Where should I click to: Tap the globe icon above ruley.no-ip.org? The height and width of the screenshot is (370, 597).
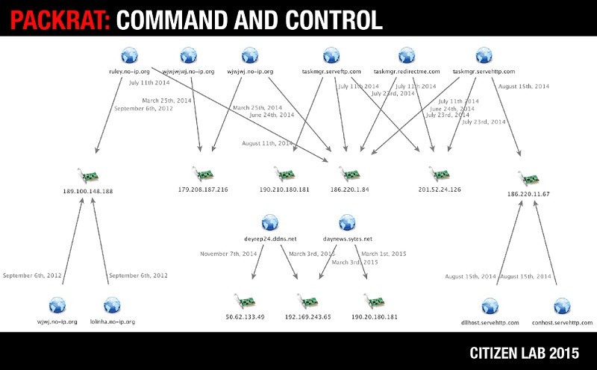(130, 55)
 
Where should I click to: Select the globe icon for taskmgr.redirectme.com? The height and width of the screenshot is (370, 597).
(406, 55)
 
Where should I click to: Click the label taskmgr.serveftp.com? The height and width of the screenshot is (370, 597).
(331, 72)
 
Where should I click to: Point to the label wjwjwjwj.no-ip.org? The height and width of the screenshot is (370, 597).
(188, 72)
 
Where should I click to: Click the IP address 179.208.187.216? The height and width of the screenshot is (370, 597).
(203, 189)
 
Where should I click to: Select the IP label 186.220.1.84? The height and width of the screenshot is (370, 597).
(349, 189)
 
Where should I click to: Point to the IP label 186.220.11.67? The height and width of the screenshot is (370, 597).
(528, 194)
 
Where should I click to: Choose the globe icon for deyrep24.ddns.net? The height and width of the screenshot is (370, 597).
(270, 222)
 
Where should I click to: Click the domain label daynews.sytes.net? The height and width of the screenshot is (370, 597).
(346, 239)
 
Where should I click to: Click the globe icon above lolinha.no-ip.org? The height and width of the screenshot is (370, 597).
(112, 305)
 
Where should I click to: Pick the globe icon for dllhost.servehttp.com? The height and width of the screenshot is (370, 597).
(490, 305)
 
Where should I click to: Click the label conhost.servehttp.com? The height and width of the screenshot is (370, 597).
(562, 322)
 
